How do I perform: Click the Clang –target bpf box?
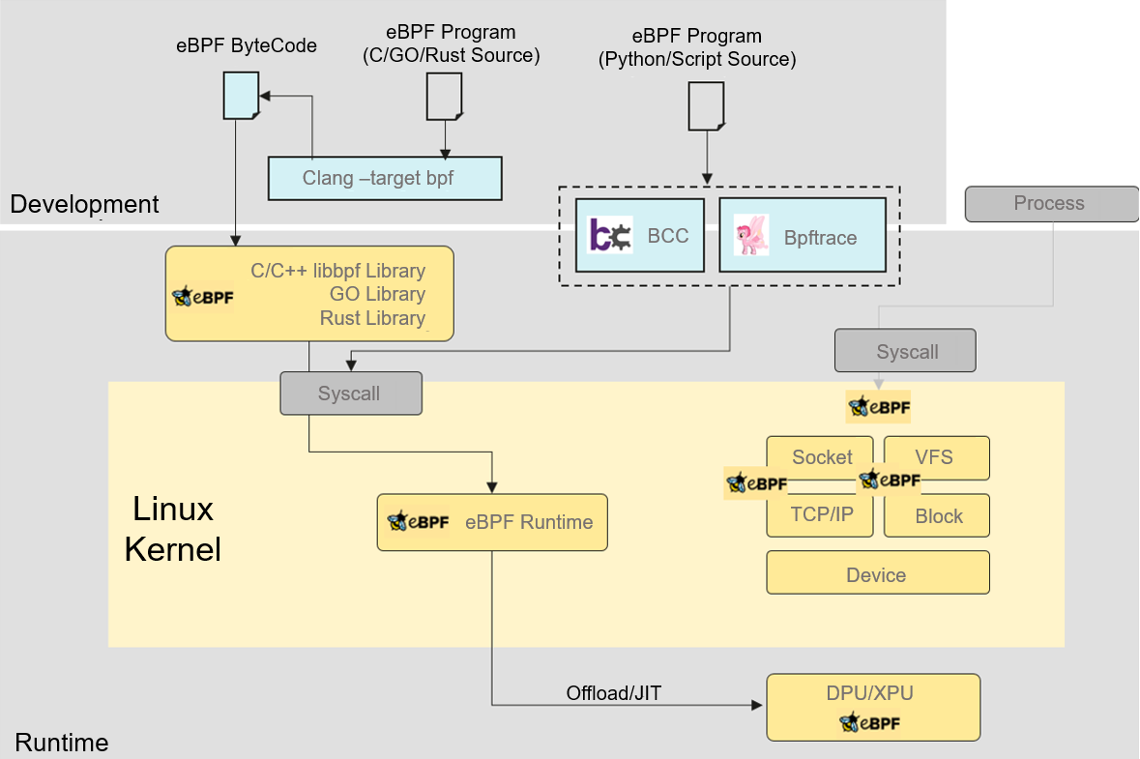click(385, 178)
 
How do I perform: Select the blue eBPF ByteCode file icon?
click(241, 98)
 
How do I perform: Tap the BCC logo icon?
click(610, 236)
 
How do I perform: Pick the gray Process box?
click(1051, 203)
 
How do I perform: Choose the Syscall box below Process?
click(906, 351)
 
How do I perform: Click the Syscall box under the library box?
click(351, 394)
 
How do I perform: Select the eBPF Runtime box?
click(492, 522)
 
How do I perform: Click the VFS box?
click(935, 456)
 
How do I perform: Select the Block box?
click(937, 516)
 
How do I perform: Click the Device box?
click(877, 573)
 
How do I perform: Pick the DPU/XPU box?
click(872, 707)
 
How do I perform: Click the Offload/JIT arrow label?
click(614, 692)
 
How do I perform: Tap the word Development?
click(83, 204)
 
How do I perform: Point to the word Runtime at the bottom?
click(62, 743)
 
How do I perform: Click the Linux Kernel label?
click(173, 528)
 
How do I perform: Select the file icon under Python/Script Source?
click(706, 105)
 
